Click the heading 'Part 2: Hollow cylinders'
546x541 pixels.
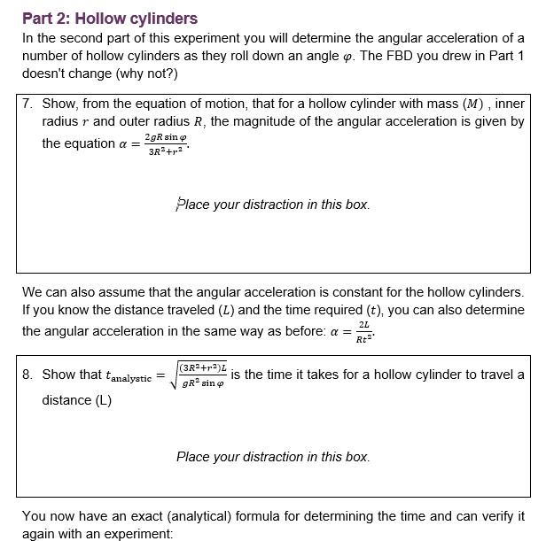click(x=110, y=18)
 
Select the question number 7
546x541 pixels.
click(x=29, y=104)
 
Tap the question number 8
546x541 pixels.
click(x=29, y=375)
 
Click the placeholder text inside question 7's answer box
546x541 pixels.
click(x=273, y=205)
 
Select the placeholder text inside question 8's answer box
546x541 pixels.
click(x=273, y=457)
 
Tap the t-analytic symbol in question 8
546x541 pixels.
click(x=129, y=376)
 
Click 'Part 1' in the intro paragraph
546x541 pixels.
click(x=503, y=56)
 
